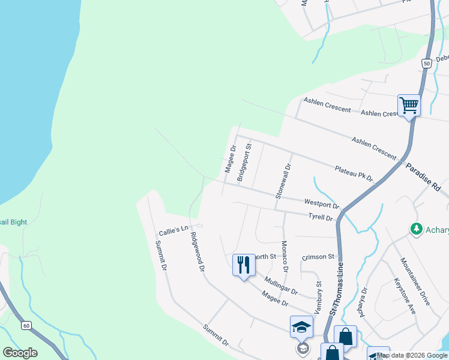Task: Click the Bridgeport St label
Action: coord(243,162)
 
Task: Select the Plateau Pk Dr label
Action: coord(354,174)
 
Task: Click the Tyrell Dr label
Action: coord(321,217)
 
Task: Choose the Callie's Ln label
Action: coord(173,230)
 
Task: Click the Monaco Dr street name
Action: coord(285,256)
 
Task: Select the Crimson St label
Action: coord(318,257)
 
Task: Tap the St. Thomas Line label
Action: coord(337,288)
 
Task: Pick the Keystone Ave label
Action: coord(405,296)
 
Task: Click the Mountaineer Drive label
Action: coord(415,281)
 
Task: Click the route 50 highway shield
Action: coord(426,63)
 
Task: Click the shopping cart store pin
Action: coord(409,106)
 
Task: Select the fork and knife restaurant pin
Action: coord(243,264)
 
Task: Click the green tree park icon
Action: coord(416,229)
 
